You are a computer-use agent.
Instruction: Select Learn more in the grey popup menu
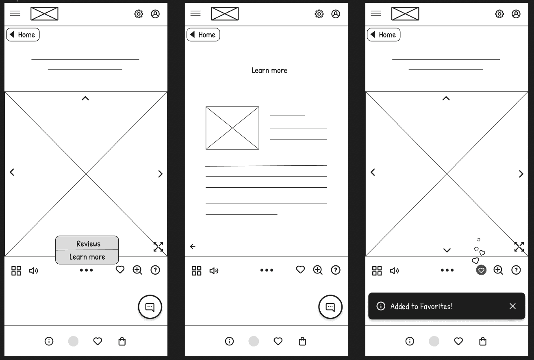87,257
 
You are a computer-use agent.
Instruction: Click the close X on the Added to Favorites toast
512,306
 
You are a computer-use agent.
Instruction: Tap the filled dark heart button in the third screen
481,270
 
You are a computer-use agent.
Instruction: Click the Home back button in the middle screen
203,35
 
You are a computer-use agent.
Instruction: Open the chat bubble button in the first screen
150,307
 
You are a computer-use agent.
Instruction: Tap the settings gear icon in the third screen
499,14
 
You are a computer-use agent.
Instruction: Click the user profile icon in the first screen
155,14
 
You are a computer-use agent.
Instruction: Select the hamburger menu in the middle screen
195,13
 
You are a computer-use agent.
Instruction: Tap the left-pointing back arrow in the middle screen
193,246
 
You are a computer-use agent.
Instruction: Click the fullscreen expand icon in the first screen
158,247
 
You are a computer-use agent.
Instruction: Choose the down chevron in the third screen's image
447,250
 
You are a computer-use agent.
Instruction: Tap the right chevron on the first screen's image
161,174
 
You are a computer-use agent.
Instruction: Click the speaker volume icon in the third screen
394,271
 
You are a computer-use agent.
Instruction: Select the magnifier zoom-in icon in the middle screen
318,270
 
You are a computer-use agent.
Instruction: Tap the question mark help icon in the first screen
155,270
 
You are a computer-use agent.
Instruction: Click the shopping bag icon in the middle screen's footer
302,341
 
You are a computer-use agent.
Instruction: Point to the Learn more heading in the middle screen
269,70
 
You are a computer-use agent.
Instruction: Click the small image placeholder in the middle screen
232,128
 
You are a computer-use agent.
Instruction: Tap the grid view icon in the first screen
16,271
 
